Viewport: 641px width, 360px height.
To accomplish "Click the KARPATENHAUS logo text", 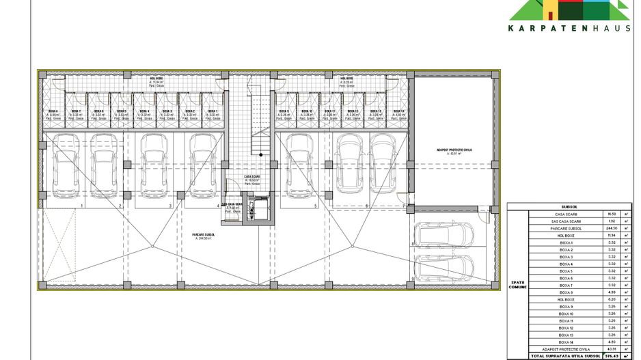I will tap(569, 28).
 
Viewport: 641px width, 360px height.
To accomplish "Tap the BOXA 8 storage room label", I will tap(53, 111).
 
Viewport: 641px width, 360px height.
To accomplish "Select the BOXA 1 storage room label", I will tap(213, 111).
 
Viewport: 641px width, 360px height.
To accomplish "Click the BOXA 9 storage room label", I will tap(284, 111).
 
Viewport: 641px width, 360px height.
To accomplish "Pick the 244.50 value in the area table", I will tap(612, 228).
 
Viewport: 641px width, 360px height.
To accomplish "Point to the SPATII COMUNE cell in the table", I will tap(517, 285).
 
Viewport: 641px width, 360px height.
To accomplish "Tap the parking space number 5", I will tap(315, 205).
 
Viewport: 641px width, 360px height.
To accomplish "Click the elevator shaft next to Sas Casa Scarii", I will tap(258, 208).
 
